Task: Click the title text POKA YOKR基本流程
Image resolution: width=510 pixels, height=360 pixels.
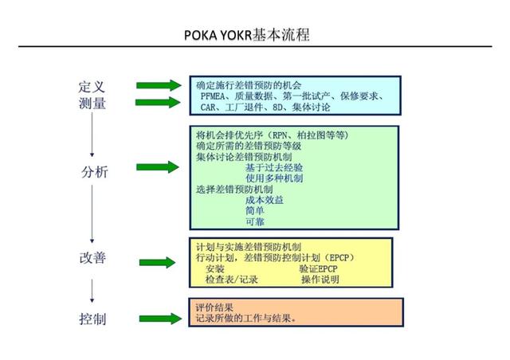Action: click(247, 35)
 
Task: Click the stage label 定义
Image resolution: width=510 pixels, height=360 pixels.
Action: click(92, 87)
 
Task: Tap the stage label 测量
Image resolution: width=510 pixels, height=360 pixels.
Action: click(92, 103)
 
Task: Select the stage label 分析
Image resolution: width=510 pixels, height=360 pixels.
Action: click(94, 172)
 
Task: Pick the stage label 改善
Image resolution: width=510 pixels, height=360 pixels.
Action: click(92, 257)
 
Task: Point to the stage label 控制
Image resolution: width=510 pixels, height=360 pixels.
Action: click(92, 319)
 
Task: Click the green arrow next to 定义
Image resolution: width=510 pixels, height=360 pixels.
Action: click(159, 85)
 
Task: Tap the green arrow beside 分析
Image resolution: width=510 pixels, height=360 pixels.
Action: click(158, 167)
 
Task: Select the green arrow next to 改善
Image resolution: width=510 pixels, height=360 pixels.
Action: click(158, 263)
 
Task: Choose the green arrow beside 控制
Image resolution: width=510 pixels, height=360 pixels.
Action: click(160, 319)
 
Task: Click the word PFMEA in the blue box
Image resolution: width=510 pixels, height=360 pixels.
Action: click(213, 96)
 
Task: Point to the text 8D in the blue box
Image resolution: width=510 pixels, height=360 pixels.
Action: click(277, 107)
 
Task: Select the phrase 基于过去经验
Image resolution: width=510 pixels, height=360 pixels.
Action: click(274, 167)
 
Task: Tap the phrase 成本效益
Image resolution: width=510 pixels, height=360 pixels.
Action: click(265, 200)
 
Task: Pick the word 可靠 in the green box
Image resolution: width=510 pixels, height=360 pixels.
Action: click(255, 221)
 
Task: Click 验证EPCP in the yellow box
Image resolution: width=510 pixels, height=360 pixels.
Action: click(318, 268)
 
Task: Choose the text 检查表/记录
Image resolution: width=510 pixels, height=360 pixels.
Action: click(232, 280)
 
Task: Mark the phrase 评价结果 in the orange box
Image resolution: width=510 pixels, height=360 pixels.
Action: click(214, 307)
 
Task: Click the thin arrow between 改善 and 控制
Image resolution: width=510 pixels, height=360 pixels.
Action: click(92, 291)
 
